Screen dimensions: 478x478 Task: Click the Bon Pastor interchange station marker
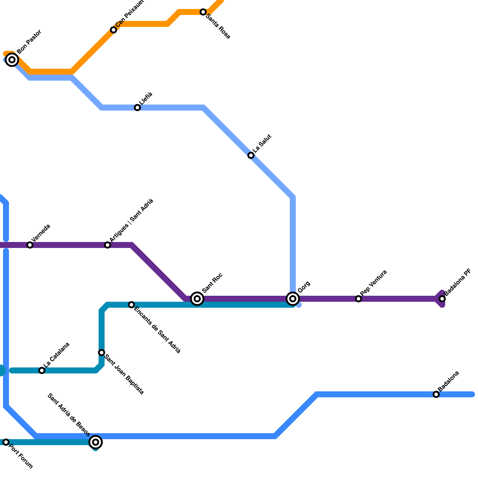click(12, 60)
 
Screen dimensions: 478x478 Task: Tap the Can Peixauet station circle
click(114, 30)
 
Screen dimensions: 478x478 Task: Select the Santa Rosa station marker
click(203, 12)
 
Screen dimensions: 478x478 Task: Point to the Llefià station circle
click(137, 108)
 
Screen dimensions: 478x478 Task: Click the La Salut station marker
click(251, 155)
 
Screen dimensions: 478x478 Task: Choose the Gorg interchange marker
click(293, 299)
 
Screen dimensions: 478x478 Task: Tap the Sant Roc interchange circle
click(197, 299)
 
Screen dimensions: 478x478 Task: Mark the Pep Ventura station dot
click(358, 299)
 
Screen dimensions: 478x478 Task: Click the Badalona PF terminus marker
click(442, 299)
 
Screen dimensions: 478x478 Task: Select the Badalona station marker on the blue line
click(436, 394)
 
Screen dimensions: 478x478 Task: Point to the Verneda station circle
click(30, 245)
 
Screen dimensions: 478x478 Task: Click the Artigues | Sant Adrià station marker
click(108, 245)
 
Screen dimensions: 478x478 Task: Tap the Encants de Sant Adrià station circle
click(131, 305)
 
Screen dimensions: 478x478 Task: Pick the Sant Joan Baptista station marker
click(102, 353)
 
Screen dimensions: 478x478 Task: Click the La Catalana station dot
click(42, 370)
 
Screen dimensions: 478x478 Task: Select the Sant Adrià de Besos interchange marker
click(96, 442)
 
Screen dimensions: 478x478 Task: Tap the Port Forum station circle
click(6, 442)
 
